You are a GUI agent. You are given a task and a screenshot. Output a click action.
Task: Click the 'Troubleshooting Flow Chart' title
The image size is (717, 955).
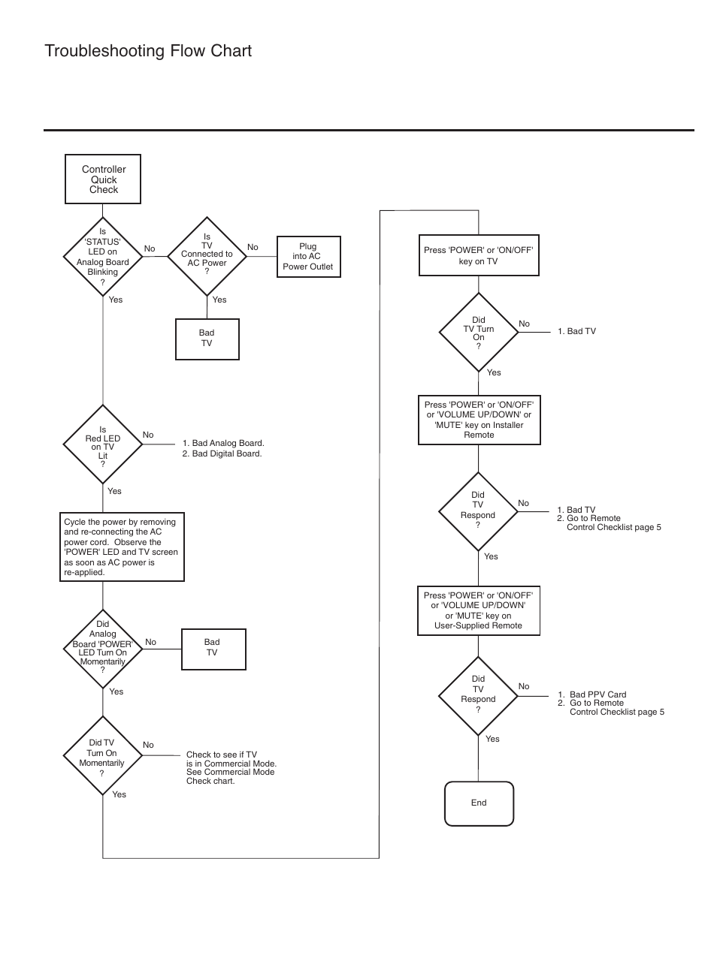(x=148, y=51)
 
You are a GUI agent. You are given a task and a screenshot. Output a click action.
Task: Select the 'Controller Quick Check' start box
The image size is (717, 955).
(x=103, y=179)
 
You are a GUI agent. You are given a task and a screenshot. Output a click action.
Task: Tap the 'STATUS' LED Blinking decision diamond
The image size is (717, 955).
(x=103, y=256)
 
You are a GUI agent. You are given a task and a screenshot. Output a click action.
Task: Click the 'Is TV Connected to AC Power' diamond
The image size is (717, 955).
(x=207, y=256)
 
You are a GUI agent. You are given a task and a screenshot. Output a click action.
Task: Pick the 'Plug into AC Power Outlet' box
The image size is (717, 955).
(x=309, y=257)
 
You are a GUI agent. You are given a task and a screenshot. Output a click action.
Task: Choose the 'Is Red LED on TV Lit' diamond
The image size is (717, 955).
(x=103, y=444)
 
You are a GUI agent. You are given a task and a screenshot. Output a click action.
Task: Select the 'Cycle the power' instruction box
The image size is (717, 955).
(x=122, y=547)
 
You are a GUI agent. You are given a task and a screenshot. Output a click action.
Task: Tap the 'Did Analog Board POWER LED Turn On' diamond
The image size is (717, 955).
(x=103, y=649)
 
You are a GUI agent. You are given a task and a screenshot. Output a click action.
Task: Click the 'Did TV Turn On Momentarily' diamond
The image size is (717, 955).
(x=103, y=755)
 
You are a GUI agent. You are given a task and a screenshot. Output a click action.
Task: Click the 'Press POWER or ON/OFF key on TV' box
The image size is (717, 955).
(x=479, y=255)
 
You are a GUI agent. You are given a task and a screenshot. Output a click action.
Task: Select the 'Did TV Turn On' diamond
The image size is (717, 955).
(x=479, y=333)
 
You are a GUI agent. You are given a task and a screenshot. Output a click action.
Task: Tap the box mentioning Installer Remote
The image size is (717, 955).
(x=480, y=420)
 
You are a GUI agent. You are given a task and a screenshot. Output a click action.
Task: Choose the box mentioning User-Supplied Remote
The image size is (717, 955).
(x=479, y=610)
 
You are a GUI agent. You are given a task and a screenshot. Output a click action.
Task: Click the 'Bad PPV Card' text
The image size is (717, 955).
(x=598, y=694)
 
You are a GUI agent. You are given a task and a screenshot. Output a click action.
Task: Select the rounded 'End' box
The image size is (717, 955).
(x=479, y=803)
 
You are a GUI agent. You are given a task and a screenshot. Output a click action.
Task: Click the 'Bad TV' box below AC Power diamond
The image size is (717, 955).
(x=207, y=339)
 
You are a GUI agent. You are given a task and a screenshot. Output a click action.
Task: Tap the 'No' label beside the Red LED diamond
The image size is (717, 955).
(x=148, y=435)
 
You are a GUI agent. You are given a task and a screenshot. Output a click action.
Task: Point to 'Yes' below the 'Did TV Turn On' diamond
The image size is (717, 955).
(x=494, y=372)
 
